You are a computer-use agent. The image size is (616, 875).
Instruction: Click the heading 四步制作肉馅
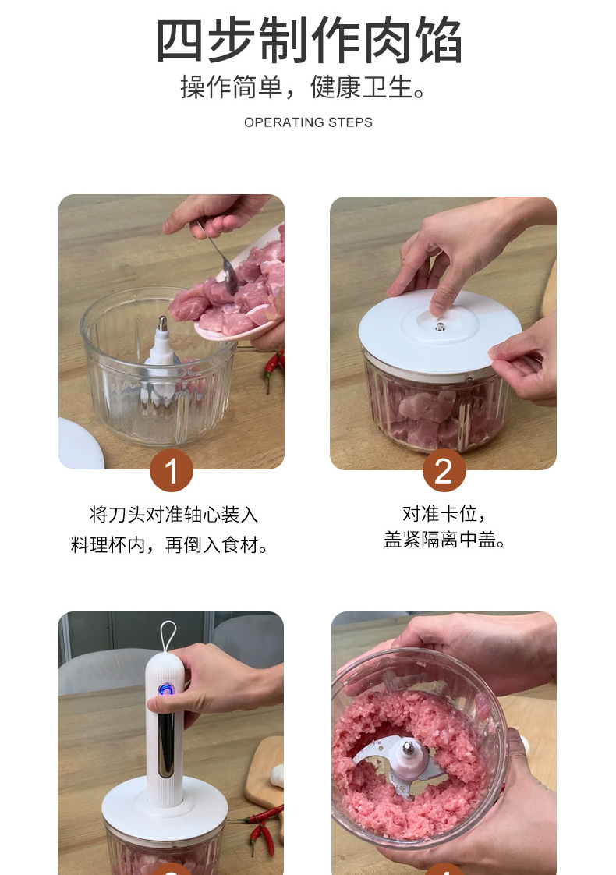pyautogui.click(x=309, y=41)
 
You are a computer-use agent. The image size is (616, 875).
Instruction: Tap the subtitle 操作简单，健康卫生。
pyautogui.click(x=304, y=87)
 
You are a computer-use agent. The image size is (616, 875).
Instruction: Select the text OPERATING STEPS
pyautogui.click(x=308, y=122)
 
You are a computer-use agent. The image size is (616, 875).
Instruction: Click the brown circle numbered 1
pyautogui.click(x=172, y=470)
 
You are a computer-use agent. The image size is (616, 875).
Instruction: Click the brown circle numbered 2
pyautogui.click(x=444, y=470)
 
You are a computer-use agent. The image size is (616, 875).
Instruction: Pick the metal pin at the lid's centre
pyautogui.click(x=441, y=326)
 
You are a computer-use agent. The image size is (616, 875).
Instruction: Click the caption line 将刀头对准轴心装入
pyautogui.click(x=174, y=514)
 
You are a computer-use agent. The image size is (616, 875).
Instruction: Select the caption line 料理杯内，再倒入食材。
pyautogui.click(x=170, y=544)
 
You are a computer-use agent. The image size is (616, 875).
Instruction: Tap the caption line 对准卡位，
pyautogui.click(x=444, y=513)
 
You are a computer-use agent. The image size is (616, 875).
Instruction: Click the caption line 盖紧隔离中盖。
pyautogui.click(x=444, y=540)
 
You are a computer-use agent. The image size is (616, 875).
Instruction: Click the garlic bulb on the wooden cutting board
pyautogui.click(x=278, y=776)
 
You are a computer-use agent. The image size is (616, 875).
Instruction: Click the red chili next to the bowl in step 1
pyautogui.click(x=273, y=369)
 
